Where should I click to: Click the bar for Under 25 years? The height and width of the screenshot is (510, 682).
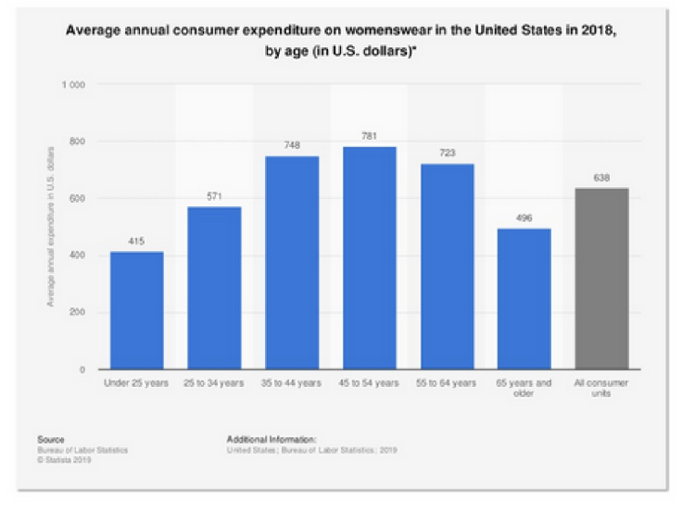click(x=137, y=310)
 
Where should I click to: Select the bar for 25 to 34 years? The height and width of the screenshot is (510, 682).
click(x=214, y=288)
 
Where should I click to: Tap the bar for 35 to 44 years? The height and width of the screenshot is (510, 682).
click(x=292, y=263)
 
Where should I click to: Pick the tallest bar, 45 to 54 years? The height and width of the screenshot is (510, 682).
click(x=370, y=258)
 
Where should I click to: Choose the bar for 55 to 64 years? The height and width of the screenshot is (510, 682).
click(x=448, y=267)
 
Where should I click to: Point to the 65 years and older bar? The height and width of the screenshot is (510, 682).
click(x=524, y=299)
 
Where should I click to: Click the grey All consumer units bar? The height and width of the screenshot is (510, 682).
click(x=602, y=279)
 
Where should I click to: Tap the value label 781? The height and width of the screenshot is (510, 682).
click(x=370, y=136)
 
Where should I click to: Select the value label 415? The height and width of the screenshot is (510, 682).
click(x=137, y=242)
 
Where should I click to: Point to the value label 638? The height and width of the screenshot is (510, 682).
click(x=602, y=178)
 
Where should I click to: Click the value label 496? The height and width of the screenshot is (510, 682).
click(x=524, y=218)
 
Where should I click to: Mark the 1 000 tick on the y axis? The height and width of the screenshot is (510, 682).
click(x=73, y=84)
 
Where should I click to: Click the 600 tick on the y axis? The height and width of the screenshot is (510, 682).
click(x=77, y=198)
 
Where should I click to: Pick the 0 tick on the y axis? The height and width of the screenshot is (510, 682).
click(x=82, y=369)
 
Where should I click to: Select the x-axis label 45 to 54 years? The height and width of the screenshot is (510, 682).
click(x=370, y=383)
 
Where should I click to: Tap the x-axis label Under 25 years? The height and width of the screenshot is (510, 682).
click(x=137, y=383)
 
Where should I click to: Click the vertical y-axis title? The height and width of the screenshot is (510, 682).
click(x=47, y=227)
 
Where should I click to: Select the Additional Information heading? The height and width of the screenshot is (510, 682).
click(x=271, y=441)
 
